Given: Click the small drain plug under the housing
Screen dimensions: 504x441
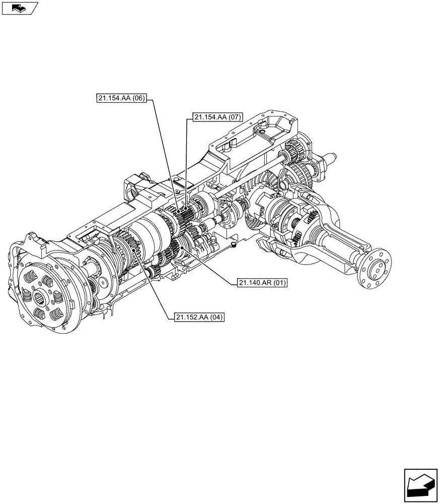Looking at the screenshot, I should point(233,244).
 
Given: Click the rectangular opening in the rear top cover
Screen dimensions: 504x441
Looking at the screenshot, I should point(276,125).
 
